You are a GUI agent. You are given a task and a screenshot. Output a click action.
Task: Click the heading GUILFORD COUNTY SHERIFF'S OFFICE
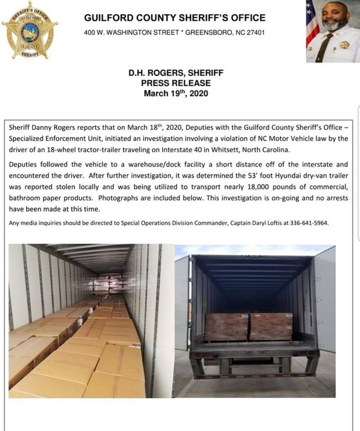[174, 18]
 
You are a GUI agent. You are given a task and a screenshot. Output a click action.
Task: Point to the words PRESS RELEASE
[176, 83]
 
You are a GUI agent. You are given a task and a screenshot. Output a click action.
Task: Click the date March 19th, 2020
[176, 93]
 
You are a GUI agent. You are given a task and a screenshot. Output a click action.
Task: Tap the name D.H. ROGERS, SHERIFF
[176, 73]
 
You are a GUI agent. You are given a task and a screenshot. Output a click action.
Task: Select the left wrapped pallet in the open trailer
[227, 326]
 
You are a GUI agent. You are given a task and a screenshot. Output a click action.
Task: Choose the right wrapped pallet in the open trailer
[271, 326]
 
